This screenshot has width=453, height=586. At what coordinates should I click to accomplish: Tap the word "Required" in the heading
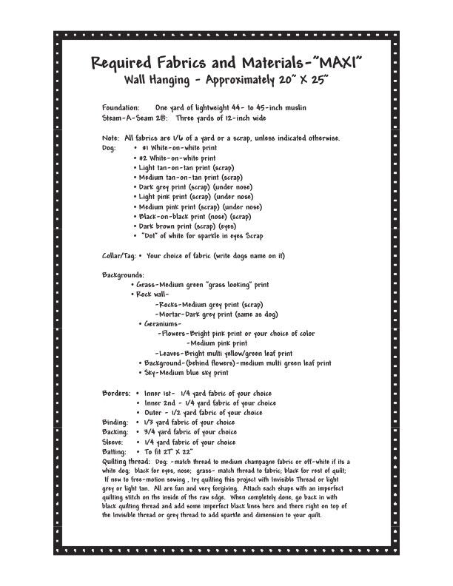(129, 62)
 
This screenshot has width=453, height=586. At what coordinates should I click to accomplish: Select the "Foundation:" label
(121, 108)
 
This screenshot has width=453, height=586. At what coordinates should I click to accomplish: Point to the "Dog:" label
(109, 148)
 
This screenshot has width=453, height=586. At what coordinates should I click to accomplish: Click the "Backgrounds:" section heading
(123, 275)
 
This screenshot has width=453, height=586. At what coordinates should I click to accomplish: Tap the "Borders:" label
(117, 393)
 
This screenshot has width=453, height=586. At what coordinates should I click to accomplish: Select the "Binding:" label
(116, 422)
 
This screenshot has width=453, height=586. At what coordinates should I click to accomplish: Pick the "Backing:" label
(116, 432)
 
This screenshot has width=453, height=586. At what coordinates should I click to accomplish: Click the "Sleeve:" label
(115, 442)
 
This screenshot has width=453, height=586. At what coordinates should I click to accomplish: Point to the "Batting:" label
(115, 451)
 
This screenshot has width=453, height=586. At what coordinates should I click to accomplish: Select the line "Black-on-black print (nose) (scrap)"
(195, 217)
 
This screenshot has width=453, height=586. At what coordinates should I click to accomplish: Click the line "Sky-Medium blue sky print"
(186, 373)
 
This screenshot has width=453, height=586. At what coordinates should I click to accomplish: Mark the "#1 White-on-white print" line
(178, 148)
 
